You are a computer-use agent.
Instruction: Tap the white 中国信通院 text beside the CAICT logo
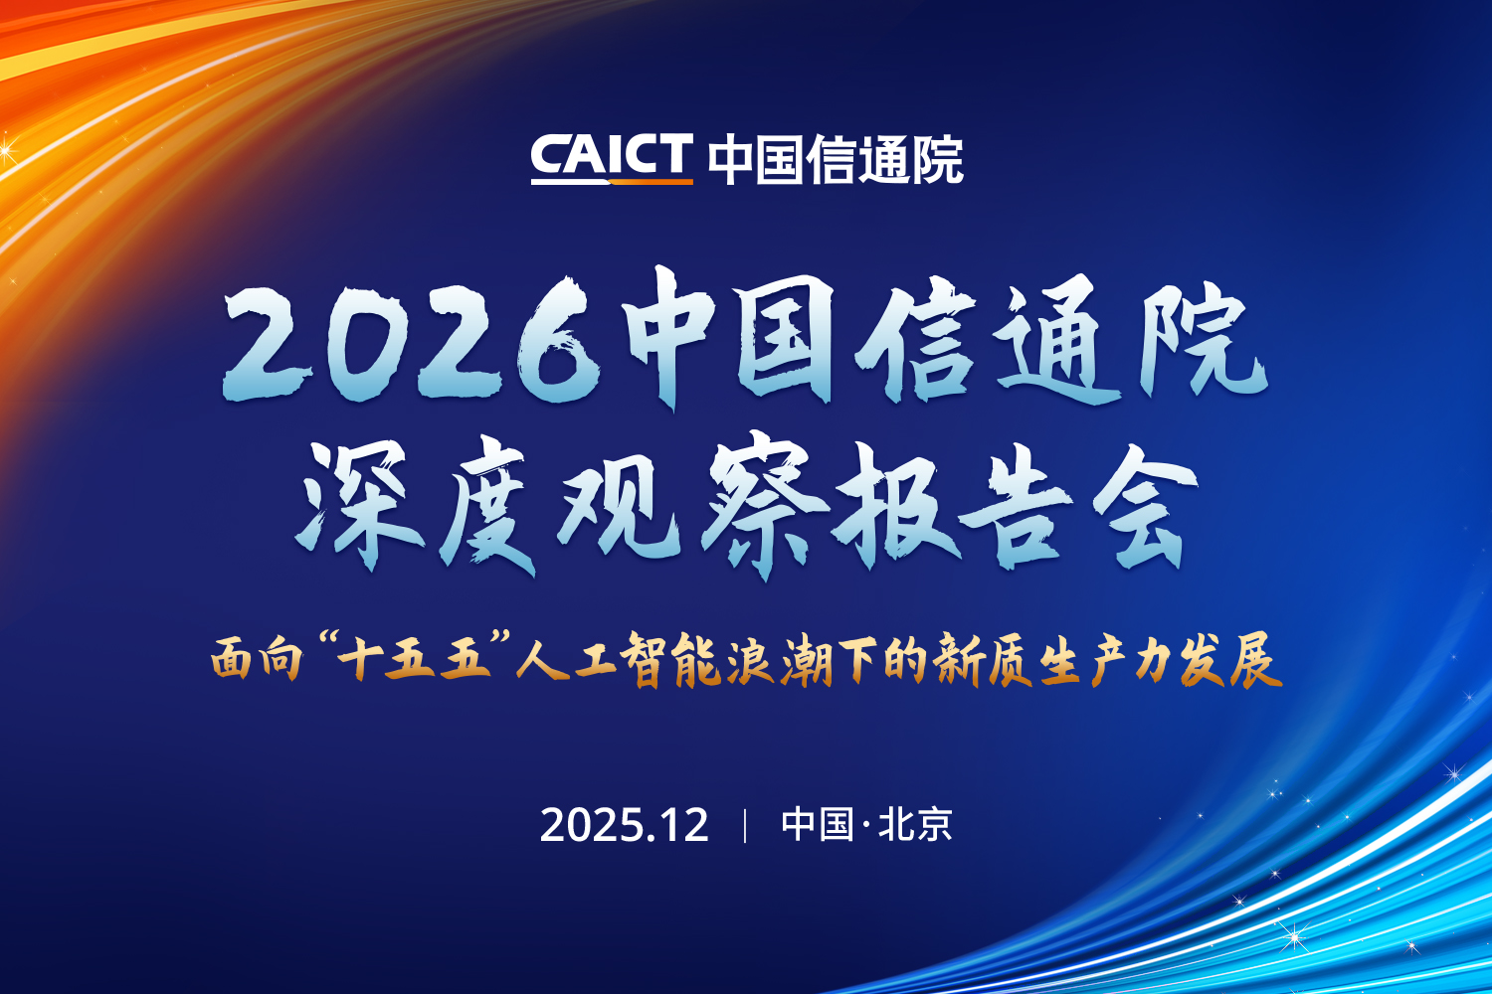click(x=836, y=159)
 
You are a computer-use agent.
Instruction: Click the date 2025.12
click(x=624, y=825)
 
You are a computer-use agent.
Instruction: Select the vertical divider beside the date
click(x=745, y=825)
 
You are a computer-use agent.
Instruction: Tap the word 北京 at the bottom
click(x=915, y=825)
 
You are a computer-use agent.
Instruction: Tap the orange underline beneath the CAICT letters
click(x=611, y=181)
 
